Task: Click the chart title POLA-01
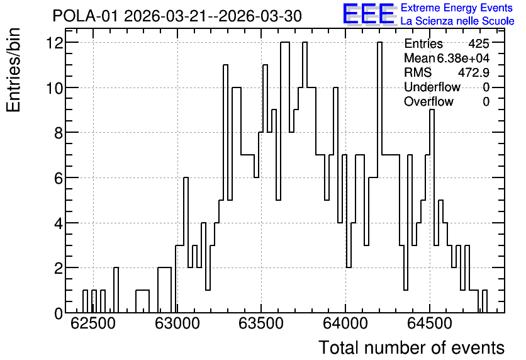pyautogui.click(x=85, y=16)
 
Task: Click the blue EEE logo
pyautogui.click(x=369, y=14)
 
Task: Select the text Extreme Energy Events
pyautogui.click(x=457, y=8)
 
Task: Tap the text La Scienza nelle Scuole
pyautogui.click(x=457, y=21)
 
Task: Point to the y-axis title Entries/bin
pyautogui.click(x=14, y=70)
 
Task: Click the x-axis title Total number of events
pyautogui.click(x=411, y=347)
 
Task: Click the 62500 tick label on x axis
pyautogui.click(x=93, y=323)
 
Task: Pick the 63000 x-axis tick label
pyautogui.click(x=177, y=323)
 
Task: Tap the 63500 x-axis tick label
pyautogui.click(x=261, y=323)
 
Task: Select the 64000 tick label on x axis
pyautogui.click(x=345, y=323)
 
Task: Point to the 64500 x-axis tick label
pyautogui.click(x=430, y=323)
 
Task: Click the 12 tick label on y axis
pyautogui.click(x=55, y=43)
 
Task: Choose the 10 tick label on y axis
pyautogui.click(x=55, y=87)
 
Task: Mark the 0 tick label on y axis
pyautogui.click(x=59, y=313)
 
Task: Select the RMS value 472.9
pyautogui.click(x=474, y=72)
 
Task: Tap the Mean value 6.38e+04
pyautogui.click(x=463, y=58)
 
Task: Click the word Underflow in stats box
pyautogui.click(x=432, y=87)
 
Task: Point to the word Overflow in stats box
pyautogui.click(x=428, y=101)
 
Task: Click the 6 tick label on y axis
pyautogui.click(x=59, y=178)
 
